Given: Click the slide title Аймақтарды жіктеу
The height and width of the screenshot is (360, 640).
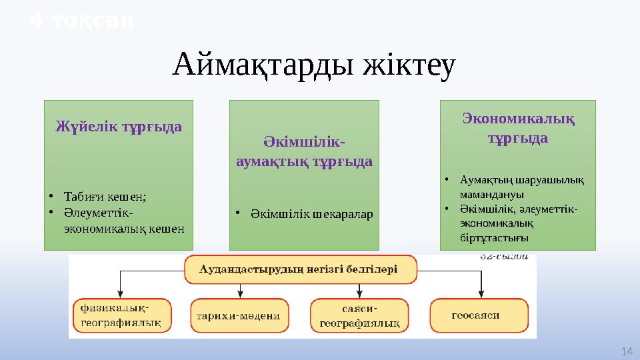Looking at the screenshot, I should click(x=314, y=65).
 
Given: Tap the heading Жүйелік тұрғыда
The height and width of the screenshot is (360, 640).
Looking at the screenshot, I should click(x=119, y=126).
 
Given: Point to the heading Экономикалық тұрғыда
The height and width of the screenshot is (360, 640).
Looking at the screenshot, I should click(x=519, y=128).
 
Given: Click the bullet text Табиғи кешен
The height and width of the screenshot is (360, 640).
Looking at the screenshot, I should click(x=105, y=196).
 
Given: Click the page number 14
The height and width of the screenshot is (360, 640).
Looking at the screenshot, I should click(x=625, y=351).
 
